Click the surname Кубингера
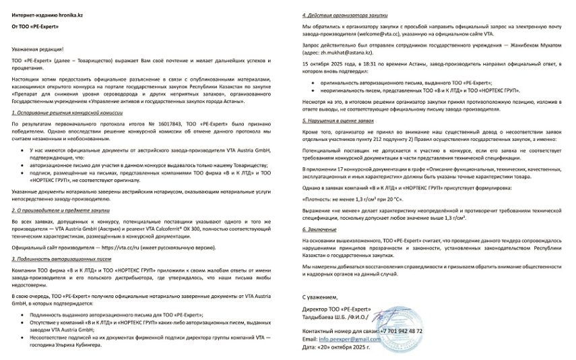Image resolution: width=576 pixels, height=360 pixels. coord(83,344)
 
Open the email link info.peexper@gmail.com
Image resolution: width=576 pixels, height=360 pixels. coord(351,339)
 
